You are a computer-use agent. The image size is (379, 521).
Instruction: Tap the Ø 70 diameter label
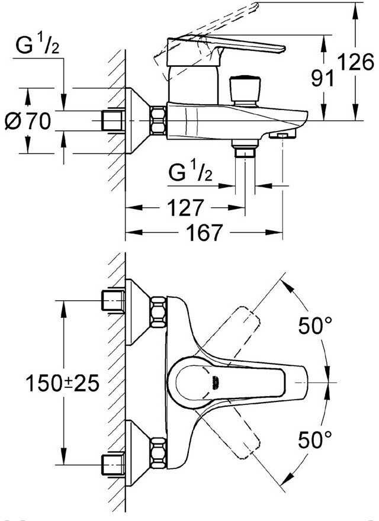click(x=28, y=123)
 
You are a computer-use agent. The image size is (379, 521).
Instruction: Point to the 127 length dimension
click(x=187, y=208)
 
